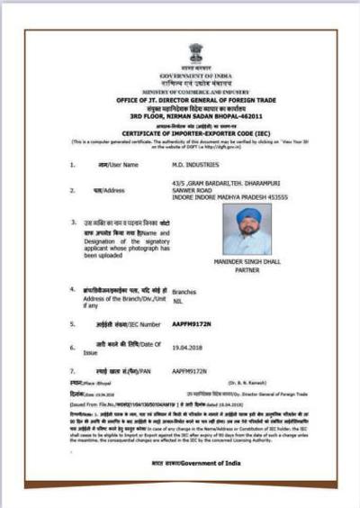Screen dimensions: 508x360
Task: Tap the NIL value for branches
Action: pyautogui.click(x=177, y=300)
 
